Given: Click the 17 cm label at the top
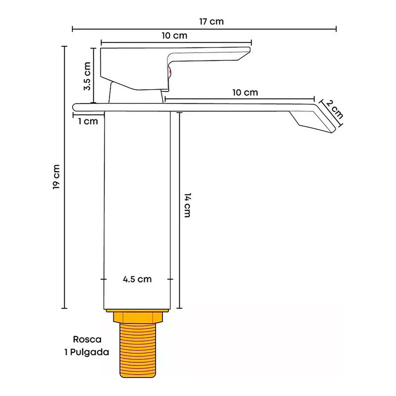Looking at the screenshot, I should [x=211, y=21].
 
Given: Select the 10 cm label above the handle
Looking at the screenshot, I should [x=174, y=36].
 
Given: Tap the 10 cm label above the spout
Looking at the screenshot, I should [x=245, y=93].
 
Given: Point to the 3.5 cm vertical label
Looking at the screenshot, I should [x=87, y=75].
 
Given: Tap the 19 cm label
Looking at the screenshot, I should [x=57, y=176].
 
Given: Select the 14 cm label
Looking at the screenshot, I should [x=187, y=204].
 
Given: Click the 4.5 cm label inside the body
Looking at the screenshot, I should [x=137, y=279].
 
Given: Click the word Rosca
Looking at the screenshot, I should [x=87, y=340].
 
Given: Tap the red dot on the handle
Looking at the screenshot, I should [x=170, y=73].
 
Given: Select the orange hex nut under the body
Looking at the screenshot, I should [x=137, y=316].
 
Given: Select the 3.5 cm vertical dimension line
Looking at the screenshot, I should [x=93, y=74].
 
